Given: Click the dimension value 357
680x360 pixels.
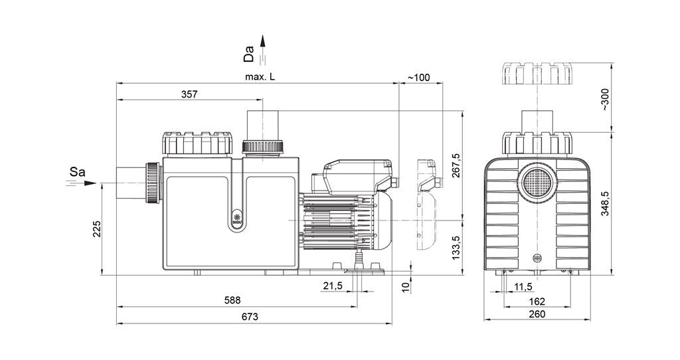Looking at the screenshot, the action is pos(189,94).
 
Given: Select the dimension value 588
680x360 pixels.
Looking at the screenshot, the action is pos(232,300).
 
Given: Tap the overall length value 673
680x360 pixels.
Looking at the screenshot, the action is pos(250,317).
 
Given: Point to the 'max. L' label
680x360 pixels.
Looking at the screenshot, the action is pos(260,77).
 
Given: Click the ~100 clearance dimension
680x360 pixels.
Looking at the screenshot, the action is pos(418,78).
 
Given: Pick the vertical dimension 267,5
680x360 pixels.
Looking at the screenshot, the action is pos(456,165).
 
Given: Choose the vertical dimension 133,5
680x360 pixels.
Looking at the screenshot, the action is pos(456,248).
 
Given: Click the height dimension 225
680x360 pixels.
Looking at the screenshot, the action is pos(97,229).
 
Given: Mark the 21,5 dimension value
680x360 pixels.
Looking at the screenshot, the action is pos(333,286).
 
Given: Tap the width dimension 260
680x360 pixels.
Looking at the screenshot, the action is pos(537,314).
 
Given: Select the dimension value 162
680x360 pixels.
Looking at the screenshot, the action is pos(537,302).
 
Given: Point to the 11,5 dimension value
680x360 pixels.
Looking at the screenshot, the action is pos(523,287).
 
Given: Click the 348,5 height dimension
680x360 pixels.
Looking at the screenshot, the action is pos(605,204).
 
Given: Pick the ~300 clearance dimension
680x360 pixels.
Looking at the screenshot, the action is pos(605,100).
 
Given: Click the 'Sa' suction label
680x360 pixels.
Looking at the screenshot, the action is pos(77,172).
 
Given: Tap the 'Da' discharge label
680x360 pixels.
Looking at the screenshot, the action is pos(249,54).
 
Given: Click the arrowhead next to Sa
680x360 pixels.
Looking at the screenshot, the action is pos(90,183).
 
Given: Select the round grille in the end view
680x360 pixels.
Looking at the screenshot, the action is pos(537,181).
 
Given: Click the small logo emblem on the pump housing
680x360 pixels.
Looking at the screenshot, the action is pos(237,217).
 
